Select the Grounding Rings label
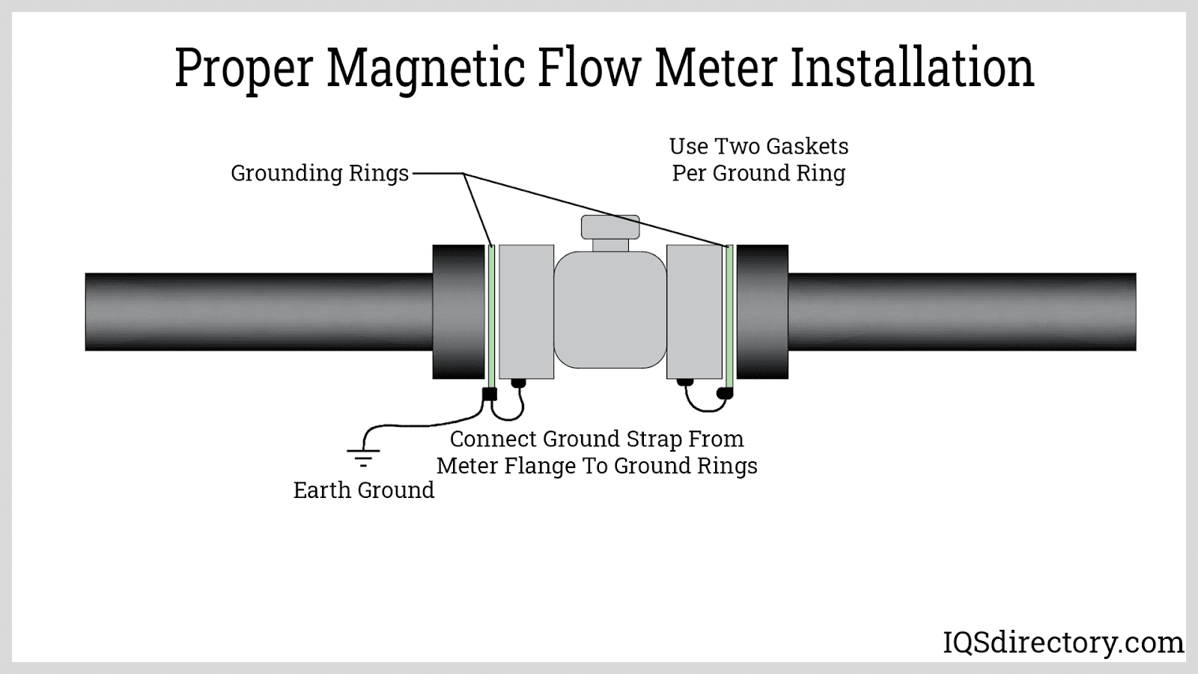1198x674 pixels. point(320,173)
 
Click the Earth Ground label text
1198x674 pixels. point(364,490)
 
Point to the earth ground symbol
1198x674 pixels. point(363,456)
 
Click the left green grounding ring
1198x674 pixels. point(491,312)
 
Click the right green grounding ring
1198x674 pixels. point(729,312)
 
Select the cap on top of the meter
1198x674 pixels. point(610,226)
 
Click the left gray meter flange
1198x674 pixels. point(526,312)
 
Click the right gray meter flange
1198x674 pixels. point(694,312)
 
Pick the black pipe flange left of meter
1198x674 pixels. point(458,312)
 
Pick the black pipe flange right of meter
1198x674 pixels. point(762,312)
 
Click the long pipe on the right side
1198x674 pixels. point(962,312)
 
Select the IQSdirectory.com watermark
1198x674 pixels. point(1062,643)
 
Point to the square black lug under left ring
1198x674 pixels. point(490,394)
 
